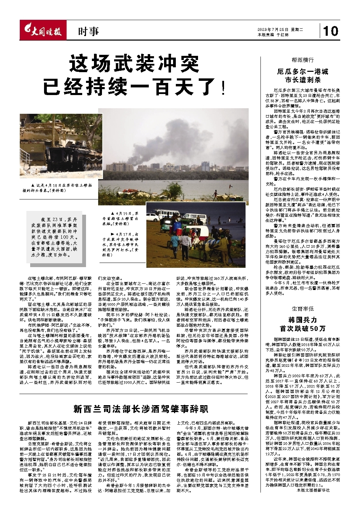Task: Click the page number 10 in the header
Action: pos(331,31)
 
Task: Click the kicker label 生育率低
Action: pos(302,308)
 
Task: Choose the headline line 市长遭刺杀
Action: pos(302,80)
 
